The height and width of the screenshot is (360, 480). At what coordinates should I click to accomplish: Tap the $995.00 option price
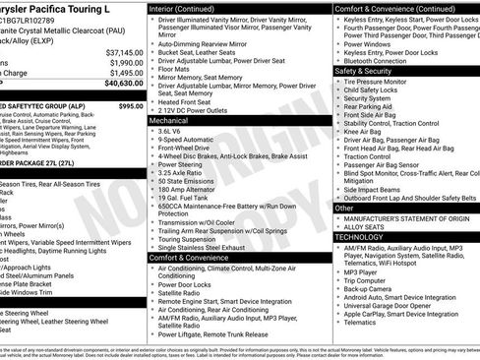pyautogui.click(x=130, y=105)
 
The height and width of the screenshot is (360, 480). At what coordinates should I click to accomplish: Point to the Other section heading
pyautogui.click(x=344, y=208)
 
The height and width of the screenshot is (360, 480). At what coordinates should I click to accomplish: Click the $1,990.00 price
pyautogui.click(x=120, y=62)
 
